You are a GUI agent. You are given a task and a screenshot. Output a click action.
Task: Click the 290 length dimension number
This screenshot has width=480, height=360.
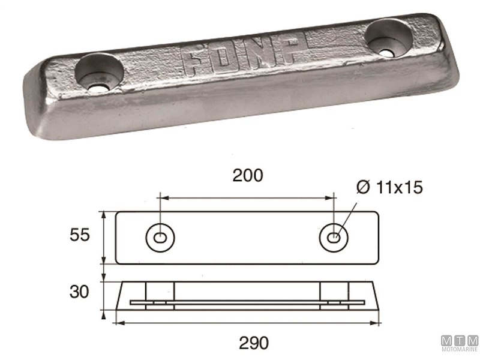tap(247, 345)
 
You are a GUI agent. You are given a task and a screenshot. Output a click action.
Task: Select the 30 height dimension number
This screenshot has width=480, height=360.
tap(79, 292)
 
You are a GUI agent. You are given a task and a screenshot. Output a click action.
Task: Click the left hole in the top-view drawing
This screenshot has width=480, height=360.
tap(159, 238)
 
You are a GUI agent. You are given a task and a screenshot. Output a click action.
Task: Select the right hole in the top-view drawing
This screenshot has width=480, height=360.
tap(334, 238)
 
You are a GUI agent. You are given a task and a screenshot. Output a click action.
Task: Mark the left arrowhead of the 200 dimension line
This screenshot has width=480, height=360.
tap(162, 196)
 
